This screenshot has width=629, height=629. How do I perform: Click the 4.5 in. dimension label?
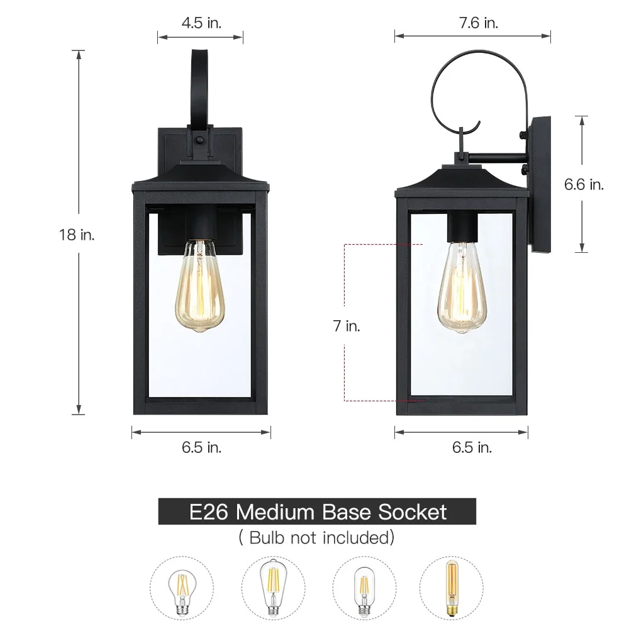pyautogui.click(x=201, y=23)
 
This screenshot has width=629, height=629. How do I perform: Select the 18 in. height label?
pyautogui.click(x=77, y=235)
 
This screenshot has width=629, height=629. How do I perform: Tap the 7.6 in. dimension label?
pyautogui.click(x=479, y=23)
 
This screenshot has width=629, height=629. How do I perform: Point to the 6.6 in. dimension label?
pyautogui.click(x=584, y=184)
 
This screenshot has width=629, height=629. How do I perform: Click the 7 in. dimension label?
pyautogui.click(x=347, y=326)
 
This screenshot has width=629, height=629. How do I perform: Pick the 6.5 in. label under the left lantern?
pyautogui.click(x=201, y=447)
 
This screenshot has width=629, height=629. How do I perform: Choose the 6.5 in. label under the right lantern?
pyautogui.click(x=472, y=447)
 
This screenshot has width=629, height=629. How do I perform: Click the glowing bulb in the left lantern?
pyautogui.click(x=200, y=286)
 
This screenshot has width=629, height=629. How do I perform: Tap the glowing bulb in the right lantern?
pyautogui.click(x=462, y=287)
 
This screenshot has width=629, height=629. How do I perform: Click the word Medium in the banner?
pyautogui.click(x=276, y=512)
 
